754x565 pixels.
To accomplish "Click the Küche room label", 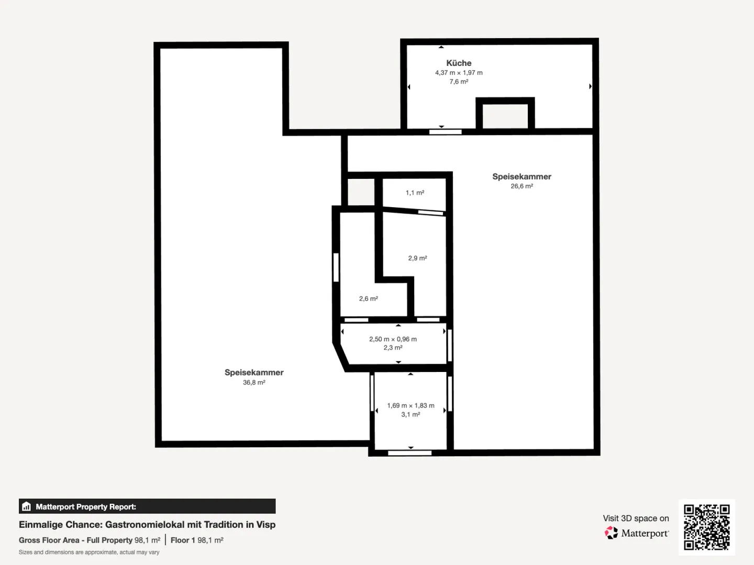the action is (x=459, y=63).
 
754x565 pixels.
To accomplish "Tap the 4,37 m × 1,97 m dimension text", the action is (x=459, y=73).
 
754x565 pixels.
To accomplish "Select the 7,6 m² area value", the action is (x=459, y=82).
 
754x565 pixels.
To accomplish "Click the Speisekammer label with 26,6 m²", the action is (x=522, y=176).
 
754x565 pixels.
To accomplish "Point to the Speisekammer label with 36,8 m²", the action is (x=254, y=372).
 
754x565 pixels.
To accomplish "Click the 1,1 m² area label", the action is (x=415, y=193).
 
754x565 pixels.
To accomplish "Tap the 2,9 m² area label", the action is (x=417, y=258).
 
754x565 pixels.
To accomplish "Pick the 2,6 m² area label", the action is (x=368, y=298).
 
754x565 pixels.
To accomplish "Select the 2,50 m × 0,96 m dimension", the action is (x=393, y=339).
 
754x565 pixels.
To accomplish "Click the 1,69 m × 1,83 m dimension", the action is (x=411, y=405).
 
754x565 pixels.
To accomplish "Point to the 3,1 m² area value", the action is (x=411, y=414).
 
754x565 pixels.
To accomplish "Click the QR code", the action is (x=706, y=527).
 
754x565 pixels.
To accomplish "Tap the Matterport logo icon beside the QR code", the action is (x=611, y=533).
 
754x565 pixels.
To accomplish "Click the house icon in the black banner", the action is (x=27, y=506).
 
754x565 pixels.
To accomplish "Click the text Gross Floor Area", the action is (x=49, y=540).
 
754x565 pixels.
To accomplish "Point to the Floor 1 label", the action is (x=183, y=540).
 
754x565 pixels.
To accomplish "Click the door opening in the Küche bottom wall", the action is (x=445, y=132).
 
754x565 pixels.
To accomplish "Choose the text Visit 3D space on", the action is (x=636, y=518).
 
